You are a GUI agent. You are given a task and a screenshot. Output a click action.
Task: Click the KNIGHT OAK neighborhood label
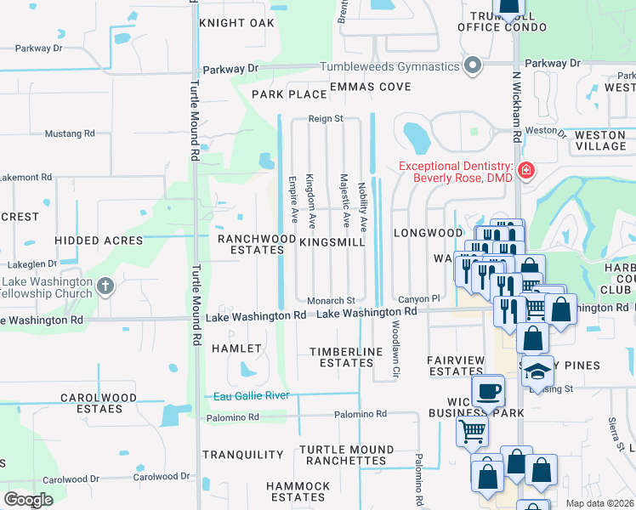click(x=237, y=23)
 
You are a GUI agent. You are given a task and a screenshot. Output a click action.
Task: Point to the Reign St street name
click(x=326, y=120)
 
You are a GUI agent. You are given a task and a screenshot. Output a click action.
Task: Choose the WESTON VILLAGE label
click(x=600, y=140)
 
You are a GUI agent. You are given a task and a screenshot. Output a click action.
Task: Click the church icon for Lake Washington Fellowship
click(x=105, y=286)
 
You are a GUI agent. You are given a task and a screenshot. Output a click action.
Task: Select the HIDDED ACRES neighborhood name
click(x=99, y=241)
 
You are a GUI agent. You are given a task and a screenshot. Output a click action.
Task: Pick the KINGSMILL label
click(x=332, y=242)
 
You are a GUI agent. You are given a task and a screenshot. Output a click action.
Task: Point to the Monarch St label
click(x=331, y=301)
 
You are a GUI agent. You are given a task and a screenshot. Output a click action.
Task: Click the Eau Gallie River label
click(x=251, y=395)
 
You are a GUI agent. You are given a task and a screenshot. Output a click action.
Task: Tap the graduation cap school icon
click(x=537, y=371)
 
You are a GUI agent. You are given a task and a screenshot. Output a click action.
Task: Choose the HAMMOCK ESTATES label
click(x=297, y=491)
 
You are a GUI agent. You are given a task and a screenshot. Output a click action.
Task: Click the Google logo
click(x=29, y=500)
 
